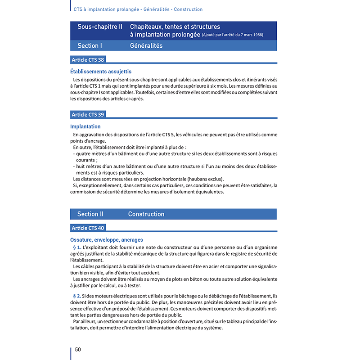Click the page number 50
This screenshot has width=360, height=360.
click(78, 350)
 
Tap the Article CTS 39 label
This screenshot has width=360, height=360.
click(88, 115)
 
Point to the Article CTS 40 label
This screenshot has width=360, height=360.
click(88, 228)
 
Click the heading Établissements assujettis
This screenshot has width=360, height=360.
click(101, 72)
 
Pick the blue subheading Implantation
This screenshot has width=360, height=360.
click(85, 127)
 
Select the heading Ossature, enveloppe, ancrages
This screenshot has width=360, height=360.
click(107, 240)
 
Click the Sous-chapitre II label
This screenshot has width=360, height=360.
click(100, 27)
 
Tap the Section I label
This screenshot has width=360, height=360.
click(90, 45)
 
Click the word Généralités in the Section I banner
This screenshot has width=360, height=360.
click(146, 45)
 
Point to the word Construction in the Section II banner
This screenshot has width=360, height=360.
click(146, 214)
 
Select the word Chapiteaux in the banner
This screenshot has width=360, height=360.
click(147, 27)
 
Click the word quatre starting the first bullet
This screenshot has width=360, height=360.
click(85, 153)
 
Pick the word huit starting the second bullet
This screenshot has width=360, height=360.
click(82, 166)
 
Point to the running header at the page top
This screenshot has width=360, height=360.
click(138, 9)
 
